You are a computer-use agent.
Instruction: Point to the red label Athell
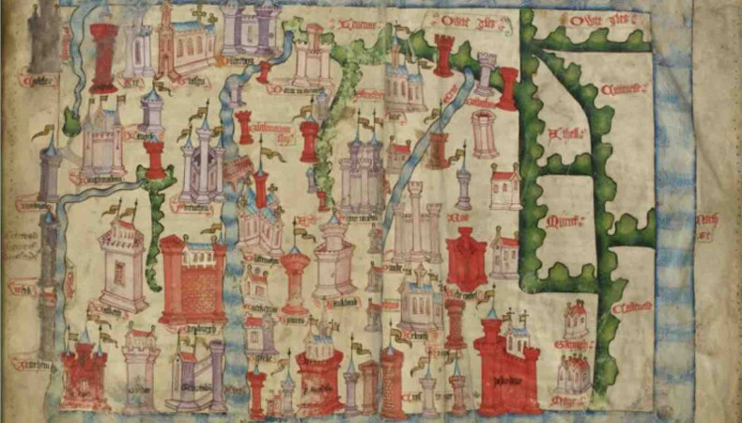tap(564, 133)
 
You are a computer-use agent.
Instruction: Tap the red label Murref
tap(561, 221)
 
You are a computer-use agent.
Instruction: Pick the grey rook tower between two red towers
tap(485, 70)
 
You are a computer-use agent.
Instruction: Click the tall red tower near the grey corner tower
tap(103, 56)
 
